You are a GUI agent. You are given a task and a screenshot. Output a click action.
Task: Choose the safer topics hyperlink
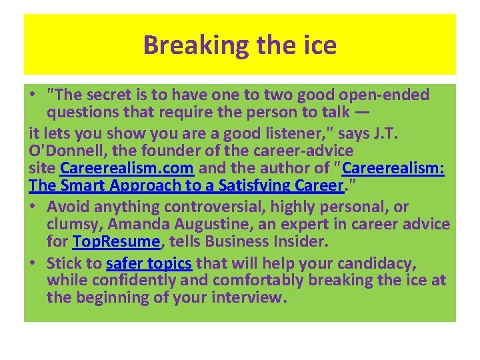pyautogui.click(x=150, y=263)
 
